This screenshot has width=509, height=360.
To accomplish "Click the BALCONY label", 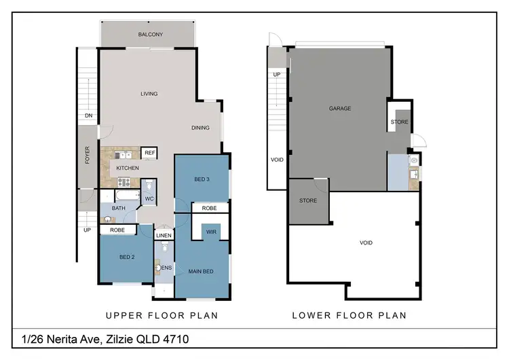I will tap(150, 35).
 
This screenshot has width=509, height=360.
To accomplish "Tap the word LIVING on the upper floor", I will tap(149, 94).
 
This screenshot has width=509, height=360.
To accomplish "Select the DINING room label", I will tap(200, 128).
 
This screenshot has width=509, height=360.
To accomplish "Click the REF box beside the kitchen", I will tap(150, 153).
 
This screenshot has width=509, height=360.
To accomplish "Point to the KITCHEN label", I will tap(128, 168).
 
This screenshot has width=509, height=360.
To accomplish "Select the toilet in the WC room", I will tap(150, 185).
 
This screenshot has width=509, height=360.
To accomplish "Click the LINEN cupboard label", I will tap(164, 236).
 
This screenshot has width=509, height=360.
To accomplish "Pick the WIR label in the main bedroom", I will tap(211, 232).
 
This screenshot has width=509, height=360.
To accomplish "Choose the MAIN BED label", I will tap(201, 272).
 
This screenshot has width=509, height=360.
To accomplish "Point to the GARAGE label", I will tap(340, 108).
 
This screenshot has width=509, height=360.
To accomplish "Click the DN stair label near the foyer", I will tap(88, 116).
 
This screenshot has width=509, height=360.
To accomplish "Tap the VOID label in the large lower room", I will tap(366, 242).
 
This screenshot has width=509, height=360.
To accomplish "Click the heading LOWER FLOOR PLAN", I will tap(349, 315).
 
